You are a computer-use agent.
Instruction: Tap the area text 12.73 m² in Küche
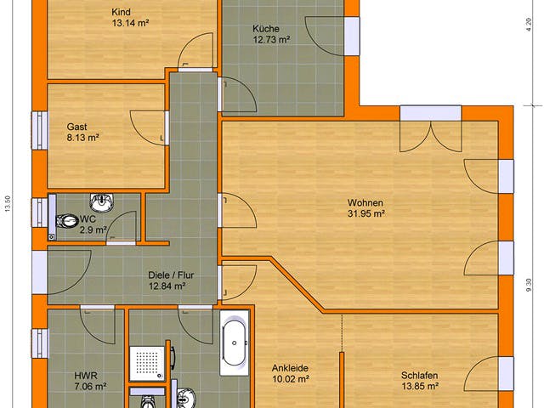point(271,39)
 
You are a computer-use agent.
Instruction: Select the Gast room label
point(77,126)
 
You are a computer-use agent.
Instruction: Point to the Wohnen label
point(365,203)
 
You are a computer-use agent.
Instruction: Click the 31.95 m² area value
point(365,214)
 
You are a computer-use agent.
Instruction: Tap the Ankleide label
point(290,368)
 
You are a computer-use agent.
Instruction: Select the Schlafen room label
point(420,374)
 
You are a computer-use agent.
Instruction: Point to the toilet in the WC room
point(66,220)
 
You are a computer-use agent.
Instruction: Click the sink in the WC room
point(102,202)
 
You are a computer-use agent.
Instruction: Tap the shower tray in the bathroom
point(148,361)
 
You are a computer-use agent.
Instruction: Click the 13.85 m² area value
point(420,385)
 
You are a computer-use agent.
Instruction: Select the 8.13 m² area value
point(83,137)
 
